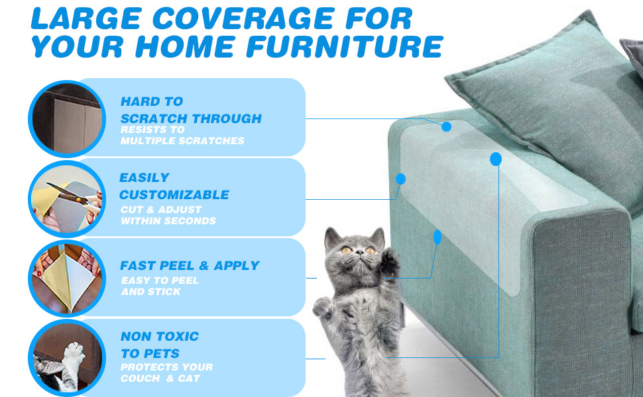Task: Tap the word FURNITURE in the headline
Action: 345,46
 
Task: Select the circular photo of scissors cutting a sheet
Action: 67,199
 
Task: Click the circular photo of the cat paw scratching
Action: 67,358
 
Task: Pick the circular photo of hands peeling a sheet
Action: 67,279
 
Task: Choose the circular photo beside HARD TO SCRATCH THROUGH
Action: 67,118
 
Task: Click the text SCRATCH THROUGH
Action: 191,118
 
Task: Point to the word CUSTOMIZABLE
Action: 174,195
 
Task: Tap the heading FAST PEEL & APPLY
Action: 190,265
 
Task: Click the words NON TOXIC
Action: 160,336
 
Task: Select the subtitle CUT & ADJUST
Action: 161,210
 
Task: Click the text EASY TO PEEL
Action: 160,281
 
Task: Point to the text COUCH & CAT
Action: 160,378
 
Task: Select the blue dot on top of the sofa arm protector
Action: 447,127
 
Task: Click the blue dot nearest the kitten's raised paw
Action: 438,238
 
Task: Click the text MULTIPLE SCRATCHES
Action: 182,141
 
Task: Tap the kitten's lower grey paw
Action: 323,307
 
